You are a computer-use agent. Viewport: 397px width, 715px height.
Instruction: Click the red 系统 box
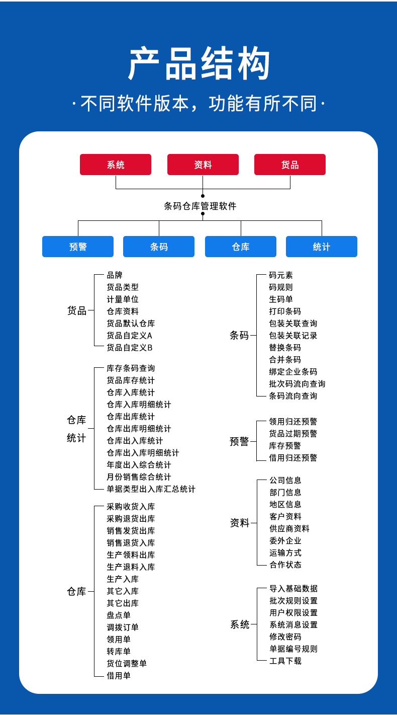[x=116, y=165]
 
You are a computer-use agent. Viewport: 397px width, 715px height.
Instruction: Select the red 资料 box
[x=203, y=165]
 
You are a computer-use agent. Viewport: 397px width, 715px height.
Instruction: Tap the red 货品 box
[x=290, y=165]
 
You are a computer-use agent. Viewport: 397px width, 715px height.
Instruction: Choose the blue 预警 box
[x=78, y=247]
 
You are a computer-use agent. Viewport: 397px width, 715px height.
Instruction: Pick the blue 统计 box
[x=322, y=247]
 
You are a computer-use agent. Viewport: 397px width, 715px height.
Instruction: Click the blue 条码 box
[x=159, y=247]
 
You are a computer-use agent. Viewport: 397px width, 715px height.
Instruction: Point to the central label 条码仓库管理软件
[x=200, y=206]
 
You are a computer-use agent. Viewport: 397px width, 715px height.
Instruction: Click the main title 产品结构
[x=199, y=64]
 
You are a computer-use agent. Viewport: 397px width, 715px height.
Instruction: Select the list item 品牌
[x=115, y=275]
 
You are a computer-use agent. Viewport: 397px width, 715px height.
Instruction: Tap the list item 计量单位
[x=123, y=299]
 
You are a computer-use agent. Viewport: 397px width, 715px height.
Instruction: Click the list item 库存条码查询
[x=131, y=368]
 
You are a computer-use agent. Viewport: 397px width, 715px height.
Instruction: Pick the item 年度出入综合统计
[x=139, y=465]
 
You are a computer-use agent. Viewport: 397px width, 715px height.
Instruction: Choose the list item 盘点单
[x=119, y=615]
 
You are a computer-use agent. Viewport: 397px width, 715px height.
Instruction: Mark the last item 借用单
[x=119, y=676]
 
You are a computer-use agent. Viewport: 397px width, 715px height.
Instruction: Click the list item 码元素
[x=281, y=275]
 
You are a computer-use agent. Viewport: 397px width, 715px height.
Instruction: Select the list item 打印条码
[x=285, y=311]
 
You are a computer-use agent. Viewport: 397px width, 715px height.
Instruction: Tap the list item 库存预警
[x=285, y=446]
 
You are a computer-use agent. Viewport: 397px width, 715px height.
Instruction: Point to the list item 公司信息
[x=285, y=481]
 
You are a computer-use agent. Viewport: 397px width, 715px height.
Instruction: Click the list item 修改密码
[x=285, y=637]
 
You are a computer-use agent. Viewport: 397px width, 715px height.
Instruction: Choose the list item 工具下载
[x=285, y=661]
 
